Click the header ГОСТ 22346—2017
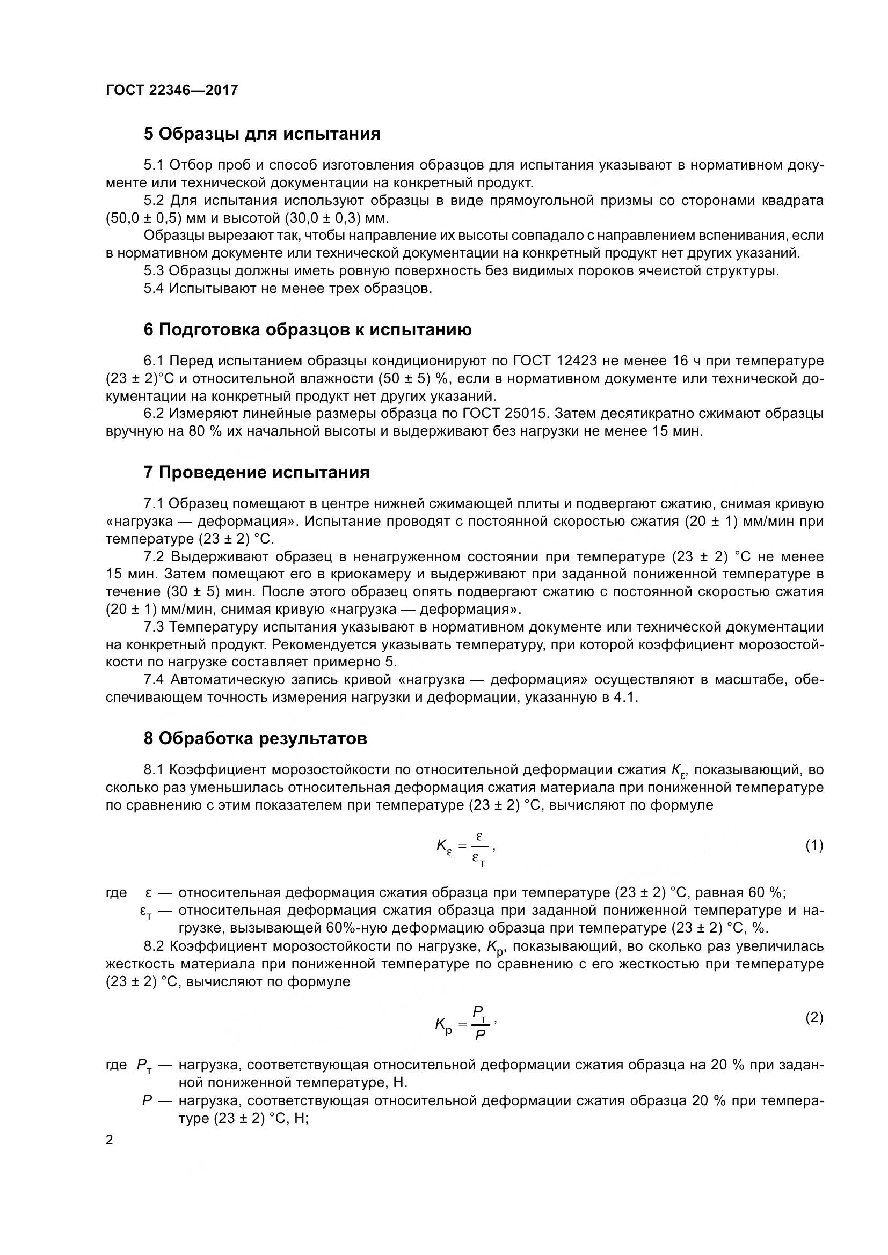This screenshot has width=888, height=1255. [x=172, y=90]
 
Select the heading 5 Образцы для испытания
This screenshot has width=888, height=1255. [x=262, y=134]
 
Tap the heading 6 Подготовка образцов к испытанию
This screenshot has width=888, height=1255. [x=307, y=329]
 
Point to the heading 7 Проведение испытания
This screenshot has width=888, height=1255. [x=257, y=472]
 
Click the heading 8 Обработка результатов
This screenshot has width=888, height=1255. [x=255, y=738]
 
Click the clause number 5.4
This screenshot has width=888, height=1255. [x=154, y=289]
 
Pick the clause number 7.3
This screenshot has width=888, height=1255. [x=154, y=627]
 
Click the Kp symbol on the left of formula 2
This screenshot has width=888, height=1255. [x=443, y=1024]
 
